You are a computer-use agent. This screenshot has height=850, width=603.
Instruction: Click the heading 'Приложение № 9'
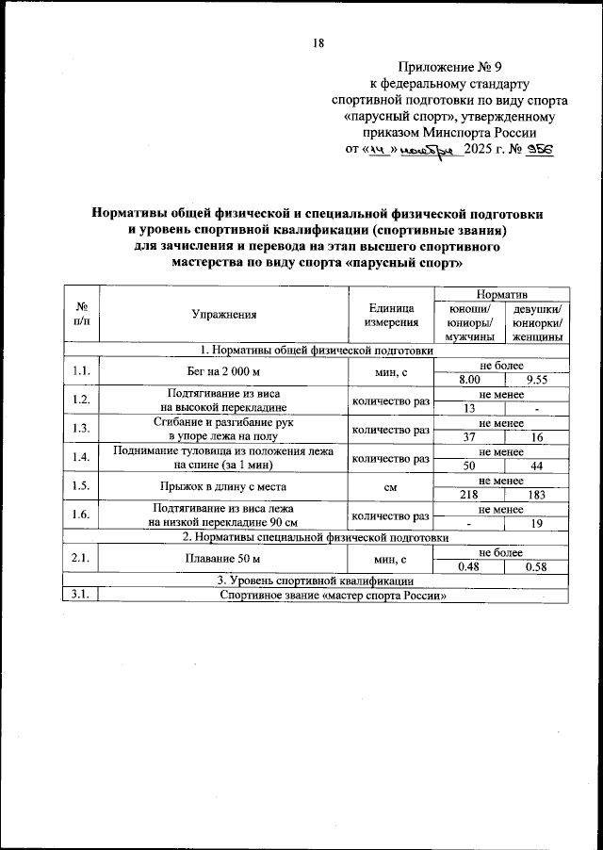point(442,67)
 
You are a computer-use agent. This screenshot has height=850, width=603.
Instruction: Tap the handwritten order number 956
point(540,150)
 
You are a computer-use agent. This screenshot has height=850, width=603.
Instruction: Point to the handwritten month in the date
point(427,150)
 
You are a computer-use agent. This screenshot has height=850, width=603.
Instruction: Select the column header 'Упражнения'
point(223,316)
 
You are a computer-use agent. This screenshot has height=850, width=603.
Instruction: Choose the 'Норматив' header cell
point(503,295)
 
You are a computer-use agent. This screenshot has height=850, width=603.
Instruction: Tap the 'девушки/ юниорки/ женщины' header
point(537,322)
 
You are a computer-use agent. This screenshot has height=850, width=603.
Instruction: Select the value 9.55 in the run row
point(537,379)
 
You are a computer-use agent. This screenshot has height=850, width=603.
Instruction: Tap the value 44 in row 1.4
point(537,466)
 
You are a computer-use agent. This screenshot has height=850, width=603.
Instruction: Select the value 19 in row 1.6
point(537,524)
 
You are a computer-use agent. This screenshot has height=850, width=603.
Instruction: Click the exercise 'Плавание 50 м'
point(223,560)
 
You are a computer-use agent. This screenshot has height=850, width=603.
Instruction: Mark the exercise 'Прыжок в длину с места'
point(223,488)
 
